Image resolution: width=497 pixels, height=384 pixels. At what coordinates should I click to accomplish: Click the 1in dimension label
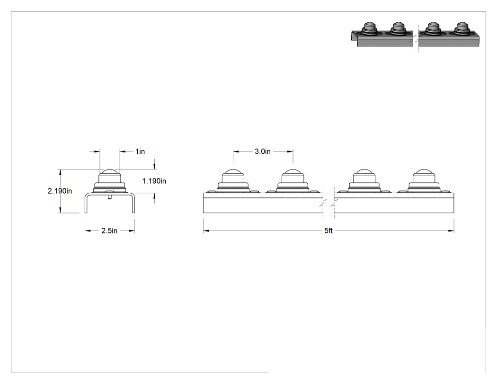click(x=140, y=152)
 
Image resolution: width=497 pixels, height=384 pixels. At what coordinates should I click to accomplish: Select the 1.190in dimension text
click(x=154, y=181)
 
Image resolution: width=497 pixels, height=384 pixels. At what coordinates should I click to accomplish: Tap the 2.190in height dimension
click(x=60, y=191)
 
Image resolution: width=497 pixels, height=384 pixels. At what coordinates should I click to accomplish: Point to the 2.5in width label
click(x=109, y=231)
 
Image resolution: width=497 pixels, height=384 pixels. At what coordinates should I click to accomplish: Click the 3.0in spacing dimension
click(x=263, y=152)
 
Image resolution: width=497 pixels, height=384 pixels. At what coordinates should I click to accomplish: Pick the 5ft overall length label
click(x=328, y=231)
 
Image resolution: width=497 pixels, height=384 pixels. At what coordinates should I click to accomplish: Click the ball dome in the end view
click(x=110, y=173)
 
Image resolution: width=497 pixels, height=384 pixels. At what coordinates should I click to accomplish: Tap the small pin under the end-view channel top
click(x=110, y=197)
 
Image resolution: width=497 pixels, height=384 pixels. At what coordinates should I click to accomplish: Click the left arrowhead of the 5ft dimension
click(x=206, y=231)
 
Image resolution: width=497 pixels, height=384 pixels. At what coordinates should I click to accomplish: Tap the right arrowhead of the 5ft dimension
click(x=451, y=231)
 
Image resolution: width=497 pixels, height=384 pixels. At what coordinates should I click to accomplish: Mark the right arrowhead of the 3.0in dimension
click(x=290, y=152)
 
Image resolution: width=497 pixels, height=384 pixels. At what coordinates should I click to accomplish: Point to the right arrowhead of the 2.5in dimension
click(x=132, y=231)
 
